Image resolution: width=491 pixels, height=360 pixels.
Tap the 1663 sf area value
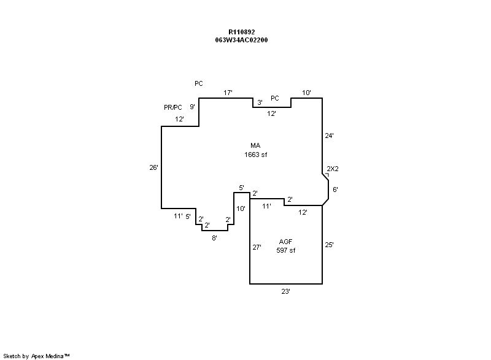255,155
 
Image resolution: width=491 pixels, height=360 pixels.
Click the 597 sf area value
286,250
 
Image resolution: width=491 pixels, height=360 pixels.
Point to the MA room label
255,145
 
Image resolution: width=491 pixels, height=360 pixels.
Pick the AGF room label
286,242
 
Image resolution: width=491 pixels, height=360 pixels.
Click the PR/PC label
173,107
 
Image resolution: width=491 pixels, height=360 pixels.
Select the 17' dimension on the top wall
228,93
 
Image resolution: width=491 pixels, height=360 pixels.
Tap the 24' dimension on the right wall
330,136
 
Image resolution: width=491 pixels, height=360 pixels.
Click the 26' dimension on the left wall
153,167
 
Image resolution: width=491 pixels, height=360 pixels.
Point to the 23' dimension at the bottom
285,292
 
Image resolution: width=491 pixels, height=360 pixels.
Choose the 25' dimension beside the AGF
330,245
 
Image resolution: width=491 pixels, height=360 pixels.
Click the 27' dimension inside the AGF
257,248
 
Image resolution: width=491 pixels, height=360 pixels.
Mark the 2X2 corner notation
332,169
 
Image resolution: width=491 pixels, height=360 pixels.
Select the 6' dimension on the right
334,190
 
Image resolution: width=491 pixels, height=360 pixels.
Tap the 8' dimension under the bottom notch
214,237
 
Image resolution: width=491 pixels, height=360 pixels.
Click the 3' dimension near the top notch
260,102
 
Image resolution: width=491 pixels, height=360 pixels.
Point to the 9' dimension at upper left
192,107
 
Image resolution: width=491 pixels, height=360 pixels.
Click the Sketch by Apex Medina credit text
37,356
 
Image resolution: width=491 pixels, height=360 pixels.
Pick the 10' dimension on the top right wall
306,93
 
